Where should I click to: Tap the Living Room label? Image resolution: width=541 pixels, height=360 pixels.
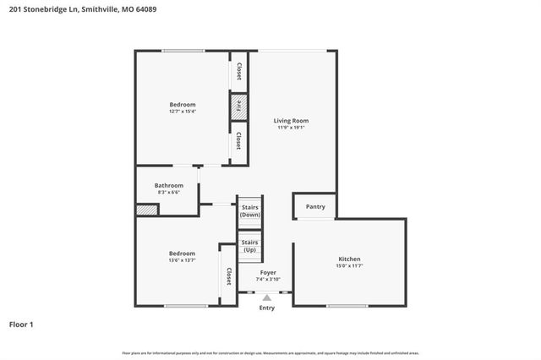pyautogui.click(x=292, y=121)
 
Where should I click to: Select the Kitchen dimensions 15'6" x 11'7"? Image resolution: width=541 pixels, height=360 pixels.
pyautogui.click(x=349, y=266)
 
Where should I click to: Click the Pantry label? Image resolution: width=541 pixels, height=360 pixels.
pyautogui.click(x=314, y=206)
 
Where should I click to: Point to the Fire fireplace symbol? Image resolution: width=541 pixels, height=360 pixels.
pyautogui.click(x=238, y=106)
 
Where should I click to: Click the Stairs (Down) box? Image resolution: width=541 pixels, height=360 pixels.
pyautogui.click(x=250, y=210)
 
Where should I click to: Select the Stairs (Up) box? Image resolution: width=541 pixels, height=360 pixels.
pyautogui.click(x=250, y=247)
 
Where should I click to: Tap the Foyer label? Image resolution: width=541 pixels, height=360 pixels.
pyautogui.click(x=267, y=272)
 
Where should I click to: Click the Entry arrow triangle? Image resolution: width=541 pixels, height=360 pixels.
pyautogui.click(x=267, y=297)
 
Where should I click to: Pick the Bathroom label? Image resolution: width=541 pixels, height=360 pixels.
pyautogui.click(x=168, y=185)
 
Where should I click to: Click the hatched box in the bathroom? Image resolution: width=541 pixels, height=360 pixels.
pyautogui.click(x=142, y=209)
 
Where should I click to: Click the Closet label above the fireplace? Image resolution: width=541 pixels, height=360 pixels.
pyautogui.click(x=239, y=72)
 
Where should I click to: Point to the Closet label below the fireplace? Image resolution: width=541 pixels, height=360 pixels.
pyautogui.click(x=239, y=140)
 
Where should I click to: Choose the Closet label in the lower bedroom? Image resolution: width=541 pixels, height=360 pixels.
pyautogui.click(x=228, y=276)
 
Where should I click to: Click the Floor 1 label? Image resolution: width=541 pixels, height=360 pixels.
pyautogui.click(x=21, y=324)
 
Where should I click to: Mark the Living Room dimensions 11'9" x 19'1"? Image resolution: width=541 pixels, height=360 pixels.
pyautogui.click(x=292, y=128)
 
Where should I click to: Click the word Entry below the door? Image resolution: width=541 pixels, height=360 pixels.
pyautogui.click(x=267, y=308)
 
